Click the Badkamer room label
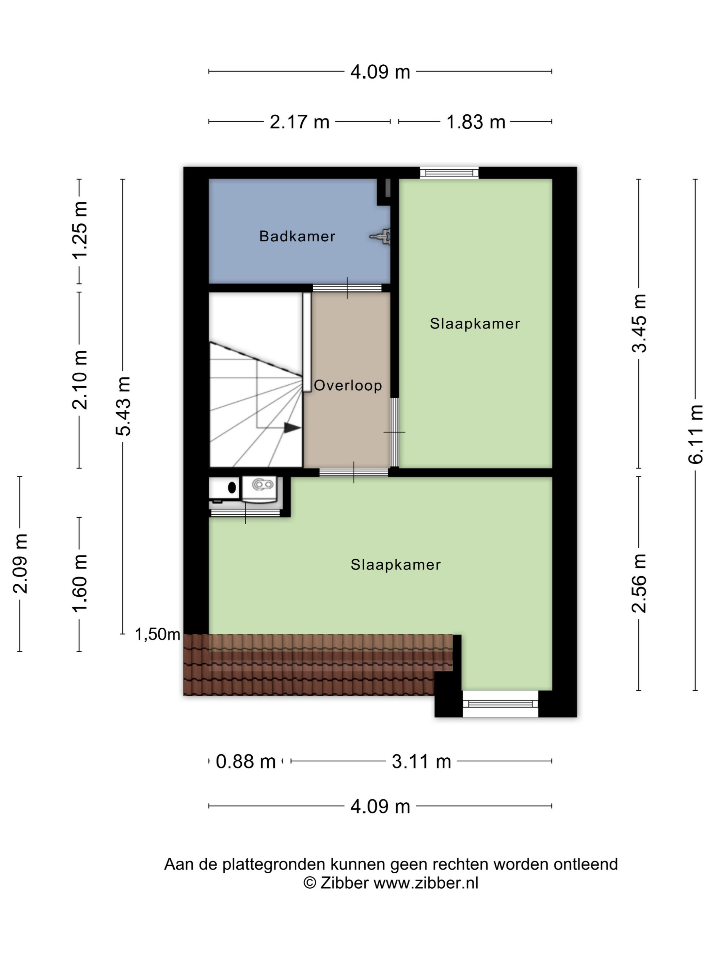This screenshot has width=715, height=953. click(x=297, y=236)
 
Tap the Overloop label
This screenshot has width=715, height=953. click(x=348, y=385)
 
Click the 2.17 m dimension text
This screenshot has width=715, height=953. click(x=300, y=122)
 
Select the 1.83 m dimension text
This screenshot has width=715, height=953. click(x=475, y=122)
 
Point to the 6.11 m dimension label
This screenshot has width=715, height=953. click(x=695, y=434)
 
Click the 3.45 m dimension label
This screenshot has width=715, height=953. click(x=639, y=323)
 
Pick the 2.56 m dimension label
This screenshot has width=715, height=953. click(x=639, y=583)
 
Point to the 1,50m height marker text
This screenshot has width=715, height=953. click(x=157, y=634)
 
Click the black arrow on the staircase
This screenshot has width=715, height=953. click(x=292, y=428)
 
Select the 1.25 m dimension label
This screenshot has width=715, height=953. click(x=80, y=230)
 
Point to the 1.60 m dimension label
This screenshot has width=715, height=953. click(x=80, y=583)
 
